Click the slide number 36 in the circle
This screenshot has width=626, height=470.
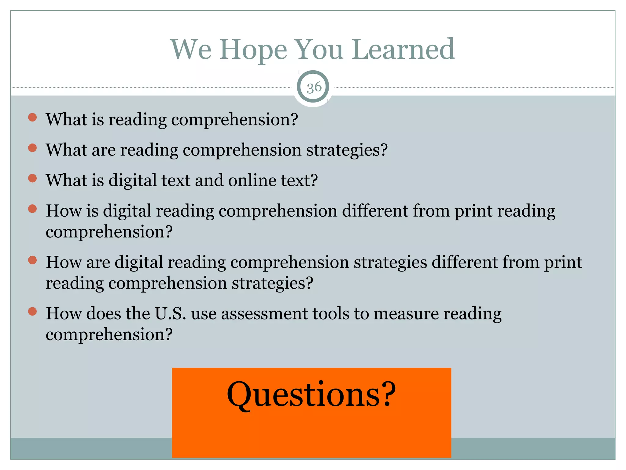314,88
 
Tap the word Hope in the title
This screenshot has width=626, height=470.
253,50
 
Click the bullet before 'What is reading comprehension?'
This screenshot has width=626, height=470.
32,117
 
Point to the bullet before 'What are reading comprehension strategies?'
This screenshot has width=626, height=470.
32,148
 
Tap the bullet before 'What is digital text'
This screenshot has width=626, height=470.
32,178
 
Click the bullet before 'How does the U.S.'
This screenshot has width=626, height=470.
32,312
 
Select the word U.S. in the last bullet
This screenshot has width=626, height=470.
171,314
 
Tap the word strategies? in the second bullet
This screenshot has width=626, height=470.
347,150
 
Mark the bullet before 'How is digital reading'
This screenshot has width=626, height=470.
32,209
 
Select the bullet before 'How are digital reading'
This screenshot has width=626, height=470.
32,260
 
